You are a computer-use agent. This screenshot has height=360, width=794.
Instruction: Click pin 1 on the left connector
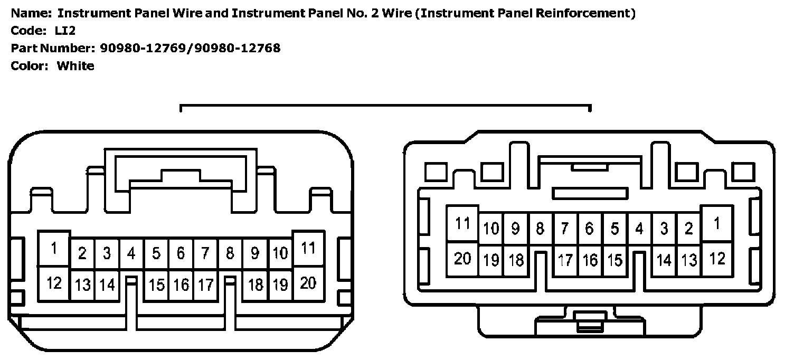[54, 248]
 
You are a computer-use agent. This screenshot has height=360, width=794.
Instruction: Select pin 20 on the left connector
[308, 283]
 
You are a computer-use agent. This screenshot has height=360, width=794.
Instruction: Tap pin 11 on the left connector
[308, 248]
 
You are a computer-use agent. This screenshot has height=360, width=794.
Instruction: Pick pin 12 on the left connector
[54, 283]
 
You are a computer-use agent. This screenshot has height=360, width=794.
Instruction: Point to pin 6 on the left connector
[181, 254]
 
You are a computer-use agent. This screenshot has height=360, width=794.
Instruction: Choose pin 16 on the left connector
[181, 285]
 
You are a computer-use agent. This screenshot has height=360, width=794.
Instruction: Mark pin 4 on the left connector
[131, 254]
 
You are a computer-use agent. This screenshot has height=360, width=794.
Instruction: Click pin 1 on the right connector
[716, 223]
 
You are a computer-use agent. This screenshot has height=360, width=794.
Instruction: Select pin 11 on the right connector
[462, 223]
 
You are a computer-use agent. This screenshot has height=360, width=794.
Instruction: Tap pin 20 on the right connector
[462, 259]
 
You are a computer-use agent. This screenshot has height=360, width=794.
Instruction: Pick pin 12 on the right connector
[716, 259]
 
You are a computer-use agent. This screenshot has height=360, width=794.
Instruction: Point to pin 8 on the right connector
[540, 229]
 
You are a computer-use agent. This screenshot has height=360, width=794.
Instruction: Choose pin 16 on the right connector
[590, 260]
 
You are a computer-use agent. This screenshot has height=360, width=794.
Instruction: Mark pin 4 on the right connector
[639, 229]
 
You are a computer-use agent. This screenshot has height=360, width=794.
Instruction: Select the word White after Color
[75, 66]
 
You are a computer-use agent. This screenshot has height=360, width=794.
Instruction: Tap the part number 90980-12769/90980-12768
[190, 49]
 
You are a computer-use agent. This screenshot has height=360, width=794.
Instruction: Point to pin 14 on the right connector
[664, 260]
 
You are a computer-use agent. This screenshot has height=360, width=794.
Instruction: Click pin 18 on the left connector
[256, 285]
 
